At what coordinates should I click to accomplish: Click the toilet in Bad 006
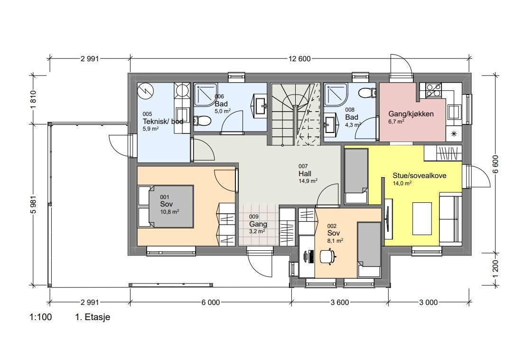[x=202, y=121]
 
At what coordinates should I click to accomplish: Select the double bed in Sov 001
[x=166, y=207]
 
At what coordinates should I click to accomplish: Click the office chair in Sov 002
[x=328, y=256]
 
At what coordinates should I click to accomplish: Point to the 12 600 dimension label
[x=299, y=59]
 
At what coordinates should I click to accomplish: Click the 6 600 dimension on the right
[x=496, y=164]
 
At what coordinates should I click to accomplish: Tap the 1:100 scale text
[x=41, y=317]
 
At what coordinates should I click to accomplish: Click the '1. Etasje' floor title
[x=93, y=317]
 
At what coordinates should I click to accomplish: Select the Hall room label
[x=305, y=174]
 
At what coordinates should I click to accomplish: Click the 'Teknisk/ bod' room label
[x=163, y=121]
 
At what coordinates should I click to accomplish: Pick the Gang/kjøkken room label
[x=411, y=114]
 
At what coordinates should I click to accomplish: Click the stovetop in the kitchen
[x=433, y=90]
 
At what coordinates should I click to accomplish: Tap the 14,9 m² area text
[x=308, y=181]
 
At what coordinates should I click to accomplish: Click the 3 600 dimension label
[x=340, y=303]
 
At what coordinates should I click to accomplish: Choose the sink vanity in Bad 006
[x=260, y=104]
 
